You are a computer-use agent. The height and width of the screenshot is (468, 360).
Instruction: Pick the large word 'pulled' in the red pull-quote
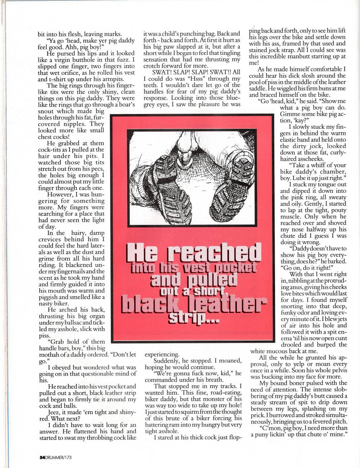click(206, 280)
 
